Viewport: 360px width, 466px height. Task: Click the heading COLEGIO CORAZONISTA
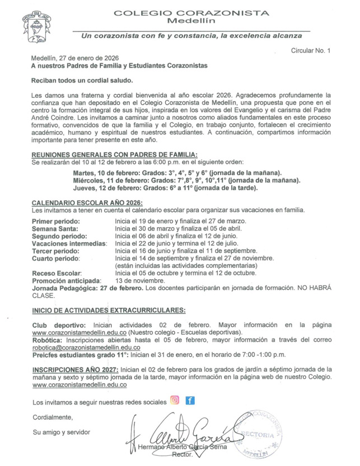coord(191,13)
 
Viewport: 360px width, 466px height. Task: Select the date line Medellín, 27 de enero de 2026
coord(74,58)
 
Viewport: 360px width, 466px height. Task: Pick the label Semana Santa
coord(55,229)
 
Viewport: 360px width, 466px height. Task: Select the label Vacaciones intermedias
coord(69,244)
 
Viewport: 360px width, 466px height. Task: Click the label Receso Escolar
coord(58,273)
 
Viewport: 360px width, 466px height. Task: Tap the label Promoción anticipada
coord(67,280)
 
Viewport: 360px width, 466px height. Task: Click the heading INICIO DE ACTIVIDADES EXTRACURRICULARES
coord(109,310)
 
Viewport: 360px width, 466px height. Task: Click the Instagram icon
coord(175,401)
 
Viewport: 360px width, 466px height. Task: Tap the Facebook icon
coord(190,401)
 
